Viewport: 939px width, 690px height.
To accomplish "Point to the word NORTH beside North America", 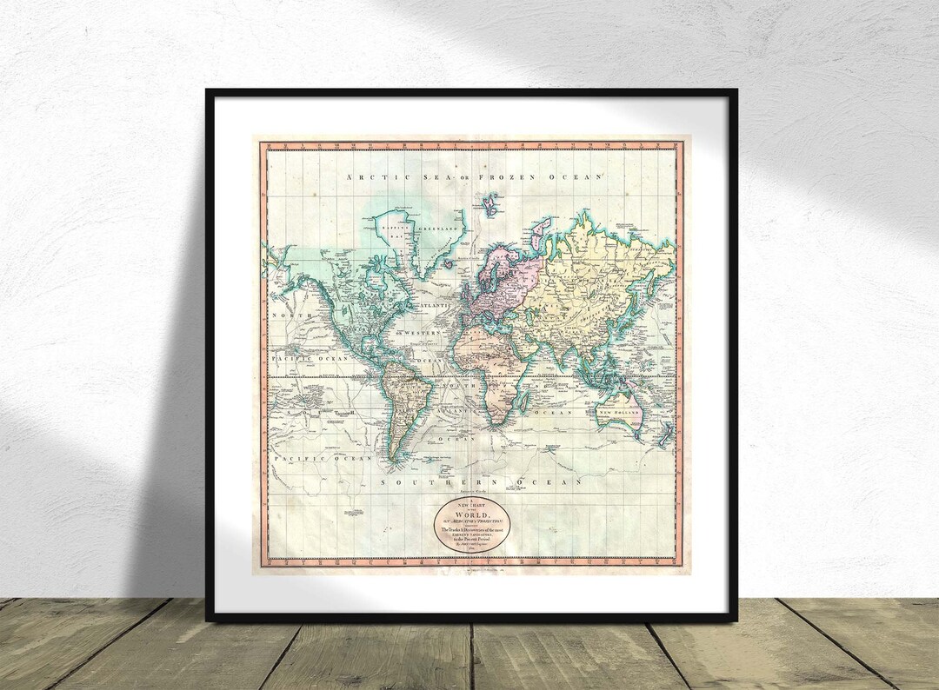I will tap(289, 315).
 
